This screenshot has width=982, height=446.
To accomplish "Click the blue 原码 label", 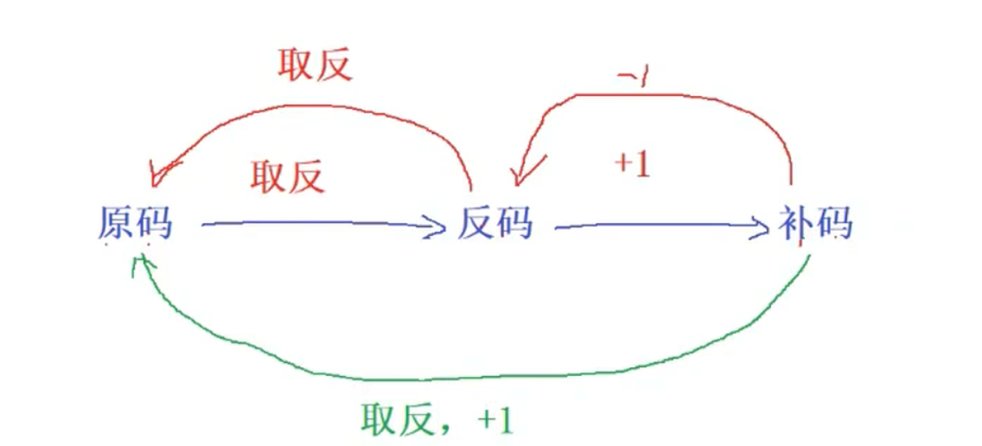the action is coord(135,225).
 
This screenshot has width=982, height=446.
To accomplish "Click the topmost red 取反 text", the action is coord(315,65).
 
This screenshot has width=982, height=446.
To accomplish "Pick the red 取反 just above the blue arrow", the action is coord(288,176).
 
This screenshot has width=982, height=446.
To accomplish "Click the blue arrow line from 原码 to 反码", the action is coord(311,226).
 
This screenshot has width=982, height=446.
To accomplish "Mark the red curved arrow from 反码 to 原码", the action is coord(346,108).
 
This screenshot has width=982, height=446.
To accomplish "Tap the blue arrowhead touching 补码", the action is coord(762,228).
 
